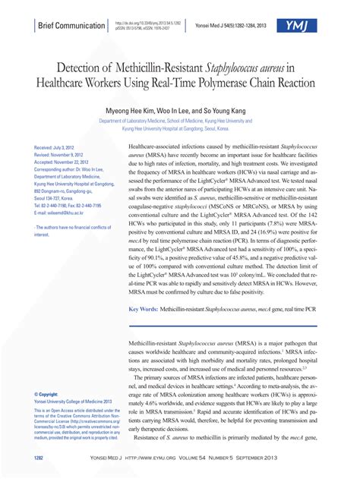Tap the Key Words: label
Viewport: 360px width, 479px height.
click(143, 310)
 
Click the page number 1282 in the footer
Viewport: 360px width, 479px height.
click(39, 458)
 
